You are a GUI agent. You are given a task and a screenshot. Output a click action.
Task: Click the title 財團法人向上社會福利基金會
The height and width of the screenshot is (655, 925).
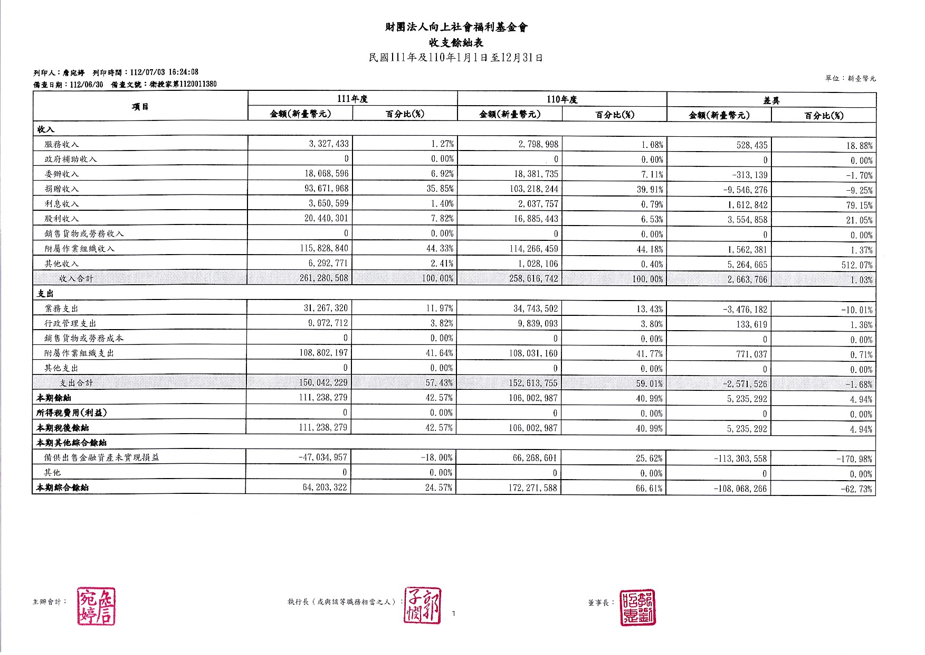[456, 27]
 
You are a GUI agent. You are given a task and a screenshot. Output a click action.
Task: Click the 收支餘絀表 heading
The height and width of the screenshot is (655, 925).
[456, 43]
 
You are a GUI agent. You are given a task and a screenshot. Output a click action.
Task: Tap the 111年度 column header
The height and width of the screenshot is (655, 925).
[352, 99]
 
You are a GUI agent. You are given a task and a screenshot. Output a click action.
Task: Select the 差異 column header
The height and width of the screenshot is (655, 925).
[771, 100]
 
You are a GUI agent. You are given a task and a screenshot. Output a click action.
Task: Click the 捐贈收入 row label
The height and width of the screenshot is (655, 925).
[62, 189]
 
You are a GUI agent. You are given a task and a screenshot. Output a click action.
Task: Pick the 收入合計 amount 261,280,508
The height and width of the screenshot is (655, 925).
[323, 278]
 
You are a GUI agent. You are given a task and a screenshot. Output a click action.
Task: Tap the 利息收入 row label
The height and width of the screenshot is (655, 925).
[62, 203]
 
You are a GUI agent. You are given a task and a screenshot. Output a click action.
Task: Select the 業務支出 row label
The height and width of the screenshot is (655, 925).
[62, 308]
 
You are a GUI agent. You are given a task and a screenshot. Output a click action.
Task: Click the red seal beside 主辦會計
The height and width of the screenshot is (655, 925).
[97, 606]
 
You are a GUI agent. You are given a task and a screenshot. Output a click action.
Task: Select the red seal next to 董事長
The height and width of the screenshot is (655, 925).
[637, 607]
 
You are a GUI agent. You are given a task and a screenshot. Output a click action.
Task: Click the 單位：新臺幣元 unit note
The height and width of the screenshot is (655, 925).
[850, 79]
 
